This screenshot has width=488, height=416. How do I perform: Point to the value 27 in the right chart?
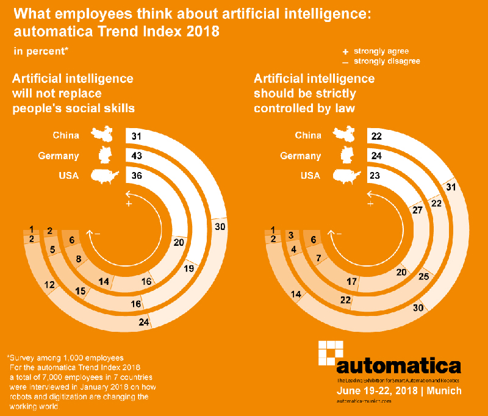(x=417, y=210)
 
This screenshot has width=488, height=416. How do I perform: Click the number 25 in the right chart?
(x=424, y=277)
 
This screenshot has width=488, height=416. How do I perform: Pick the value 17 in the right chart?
(x=352, y=281)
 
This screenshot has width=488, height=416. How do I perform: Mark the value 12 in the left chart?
(x=50, y=284)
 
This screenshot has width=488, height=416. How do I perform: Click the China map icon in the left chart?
(x=104, y=135)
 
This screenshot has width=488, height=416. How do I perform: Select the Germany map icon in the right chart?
(x=347, y=155)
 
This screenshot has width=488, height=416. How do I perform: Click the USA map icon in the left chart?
(x=105, y=176)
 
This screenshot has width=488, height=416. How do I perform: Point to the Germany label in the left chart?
(x=59, y=156)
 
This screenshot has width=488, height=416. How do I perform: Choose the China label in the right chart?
(x=307, y=135)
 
